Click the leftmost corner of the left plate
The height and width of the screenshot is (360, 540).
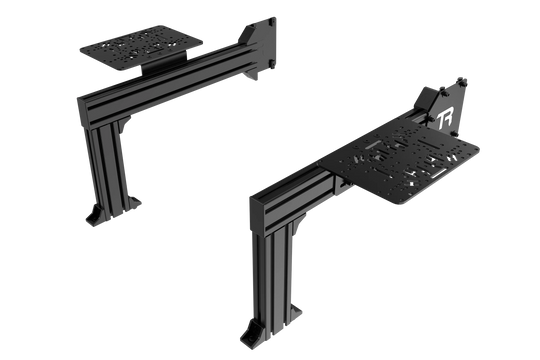point(76,44)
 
